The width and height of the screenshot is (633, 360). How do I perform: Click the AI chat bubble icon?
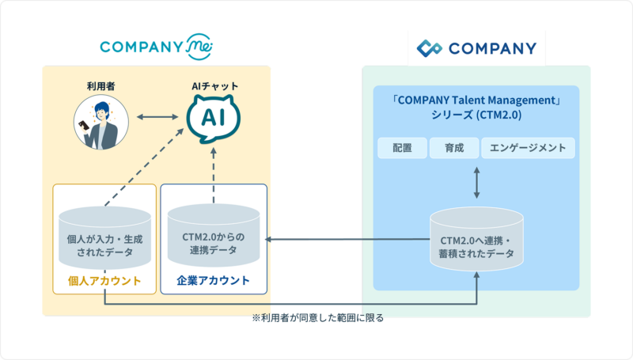tap(213, 119)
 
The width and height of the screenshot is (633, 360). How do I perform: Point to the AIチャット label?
tap(213, 85)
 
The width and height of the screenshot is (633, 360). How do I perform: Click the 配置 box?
tap(402, 148)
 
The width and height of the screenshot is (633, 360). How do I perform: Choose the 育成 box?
tap(454, 148)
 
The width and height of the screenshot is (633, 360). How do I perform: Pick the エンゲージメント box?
tap(528, 148)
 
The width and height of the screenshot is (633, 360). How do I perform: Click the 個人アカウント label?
tap(104, 281)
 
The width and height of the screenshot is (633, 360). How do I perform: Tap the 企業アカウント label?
tap(214, 281)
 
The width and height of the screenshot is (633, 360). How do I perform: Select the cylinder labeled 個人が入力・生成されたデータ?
tap(104, 237)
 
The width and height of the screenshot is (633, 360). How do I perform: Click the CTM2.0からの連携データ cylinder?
tap(214, 237)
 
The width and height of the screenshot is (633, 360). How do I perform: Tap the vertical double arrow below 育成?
tap(476, 182)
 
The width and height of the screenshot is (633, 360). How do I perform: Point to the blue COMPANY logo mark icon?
tap(430, 49)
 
